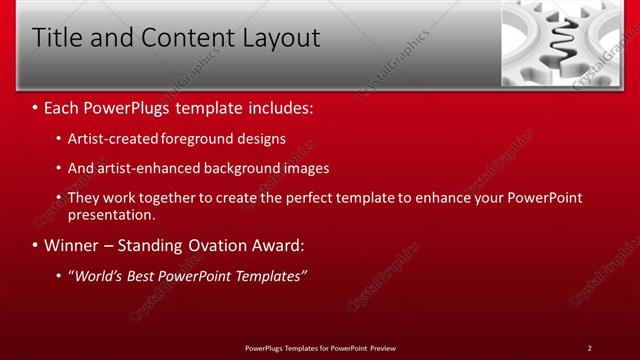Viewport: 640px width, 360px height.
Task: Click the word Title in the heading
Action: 56,39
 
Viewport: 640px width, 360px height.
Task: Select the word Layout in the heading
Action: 278,39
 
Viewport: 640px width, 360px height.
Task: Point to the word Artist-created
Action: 113,138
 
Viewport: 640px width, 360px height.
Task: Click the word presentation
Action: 111,214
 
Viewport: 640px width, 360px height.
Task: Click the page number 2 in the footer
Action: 589,348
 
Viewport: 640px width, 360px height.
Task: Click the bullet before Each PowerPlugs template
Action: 36,105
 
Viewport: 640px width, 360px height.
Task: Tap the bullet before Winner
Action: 36,245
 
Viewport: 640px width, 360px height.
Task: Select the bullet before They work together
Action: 59,198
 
